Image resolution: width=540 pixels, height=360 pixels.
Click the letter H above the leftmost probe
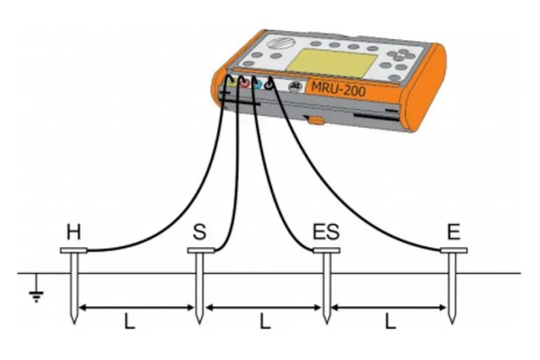click(x=74, y=232)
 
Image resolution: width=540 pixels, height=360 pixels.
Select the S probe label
click(x=200, y=232)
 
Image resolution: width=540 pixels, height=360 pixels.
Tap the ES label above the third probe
click(x=326, y=232)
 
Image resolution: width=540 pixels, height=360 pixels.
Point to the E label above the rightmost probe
click(x=454, y=232)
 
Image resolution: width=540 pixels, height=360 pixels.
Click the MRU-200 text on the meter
click(x=338, y=90)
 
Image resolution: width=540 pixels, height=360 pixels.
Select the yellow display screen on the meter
click(x=332, y=64)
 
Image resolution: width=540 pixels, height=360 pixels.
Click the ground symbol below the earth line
click(x=36, y=289)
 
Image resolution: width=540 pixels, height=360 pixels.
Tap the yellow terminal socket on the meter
click(x=231, y=83)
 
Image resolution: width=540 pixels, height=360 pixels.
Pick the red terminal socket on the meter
click(x=244, y=83)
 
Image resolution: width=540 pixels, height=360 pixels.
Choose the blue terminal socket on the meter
click(x=258, y=84)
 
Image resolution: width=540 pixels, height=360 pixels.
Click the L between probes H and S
click(x=129, y=321)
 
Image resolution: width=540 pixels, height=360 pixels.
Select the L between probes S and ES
click(x=265, y=321)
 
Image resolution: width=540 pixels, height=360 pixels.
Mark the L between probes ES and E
click(x=389, y=321)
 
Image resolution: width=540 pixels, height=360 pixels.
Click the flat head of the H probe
click(x=74, y=251)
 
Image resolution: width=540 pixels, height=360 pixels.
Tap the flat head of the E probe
click(x=454, y=251)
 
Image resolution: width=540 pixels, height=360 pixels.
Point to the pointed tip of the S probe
click(x=199, y=324)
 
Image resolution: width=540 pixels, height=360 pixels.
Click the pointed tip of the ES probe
click(x=326, y=324)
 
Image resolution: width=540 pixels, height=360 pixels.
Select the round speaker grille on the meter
click(x=281, y=43)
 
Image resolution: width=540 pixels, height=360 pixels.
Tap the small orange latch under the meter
click(x=315, y=120)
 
